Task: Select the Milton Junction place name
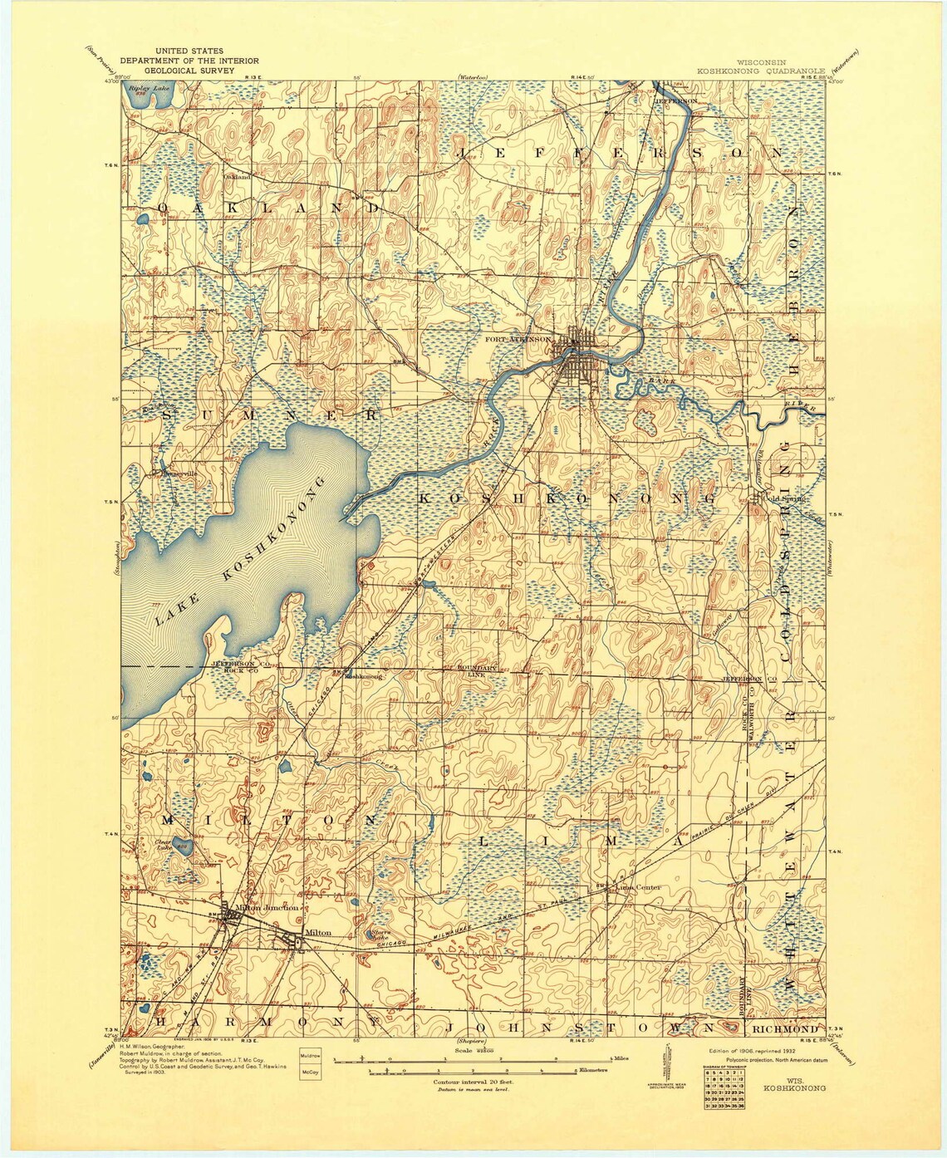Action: click(x=267, y=908)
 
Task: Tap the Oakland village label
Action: click(x=237, y=176)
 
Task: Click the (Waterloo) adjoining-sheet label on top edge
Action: click(x=472, y=78)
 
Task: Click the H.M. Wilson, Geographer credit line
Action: click(x=169, y=1047)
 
